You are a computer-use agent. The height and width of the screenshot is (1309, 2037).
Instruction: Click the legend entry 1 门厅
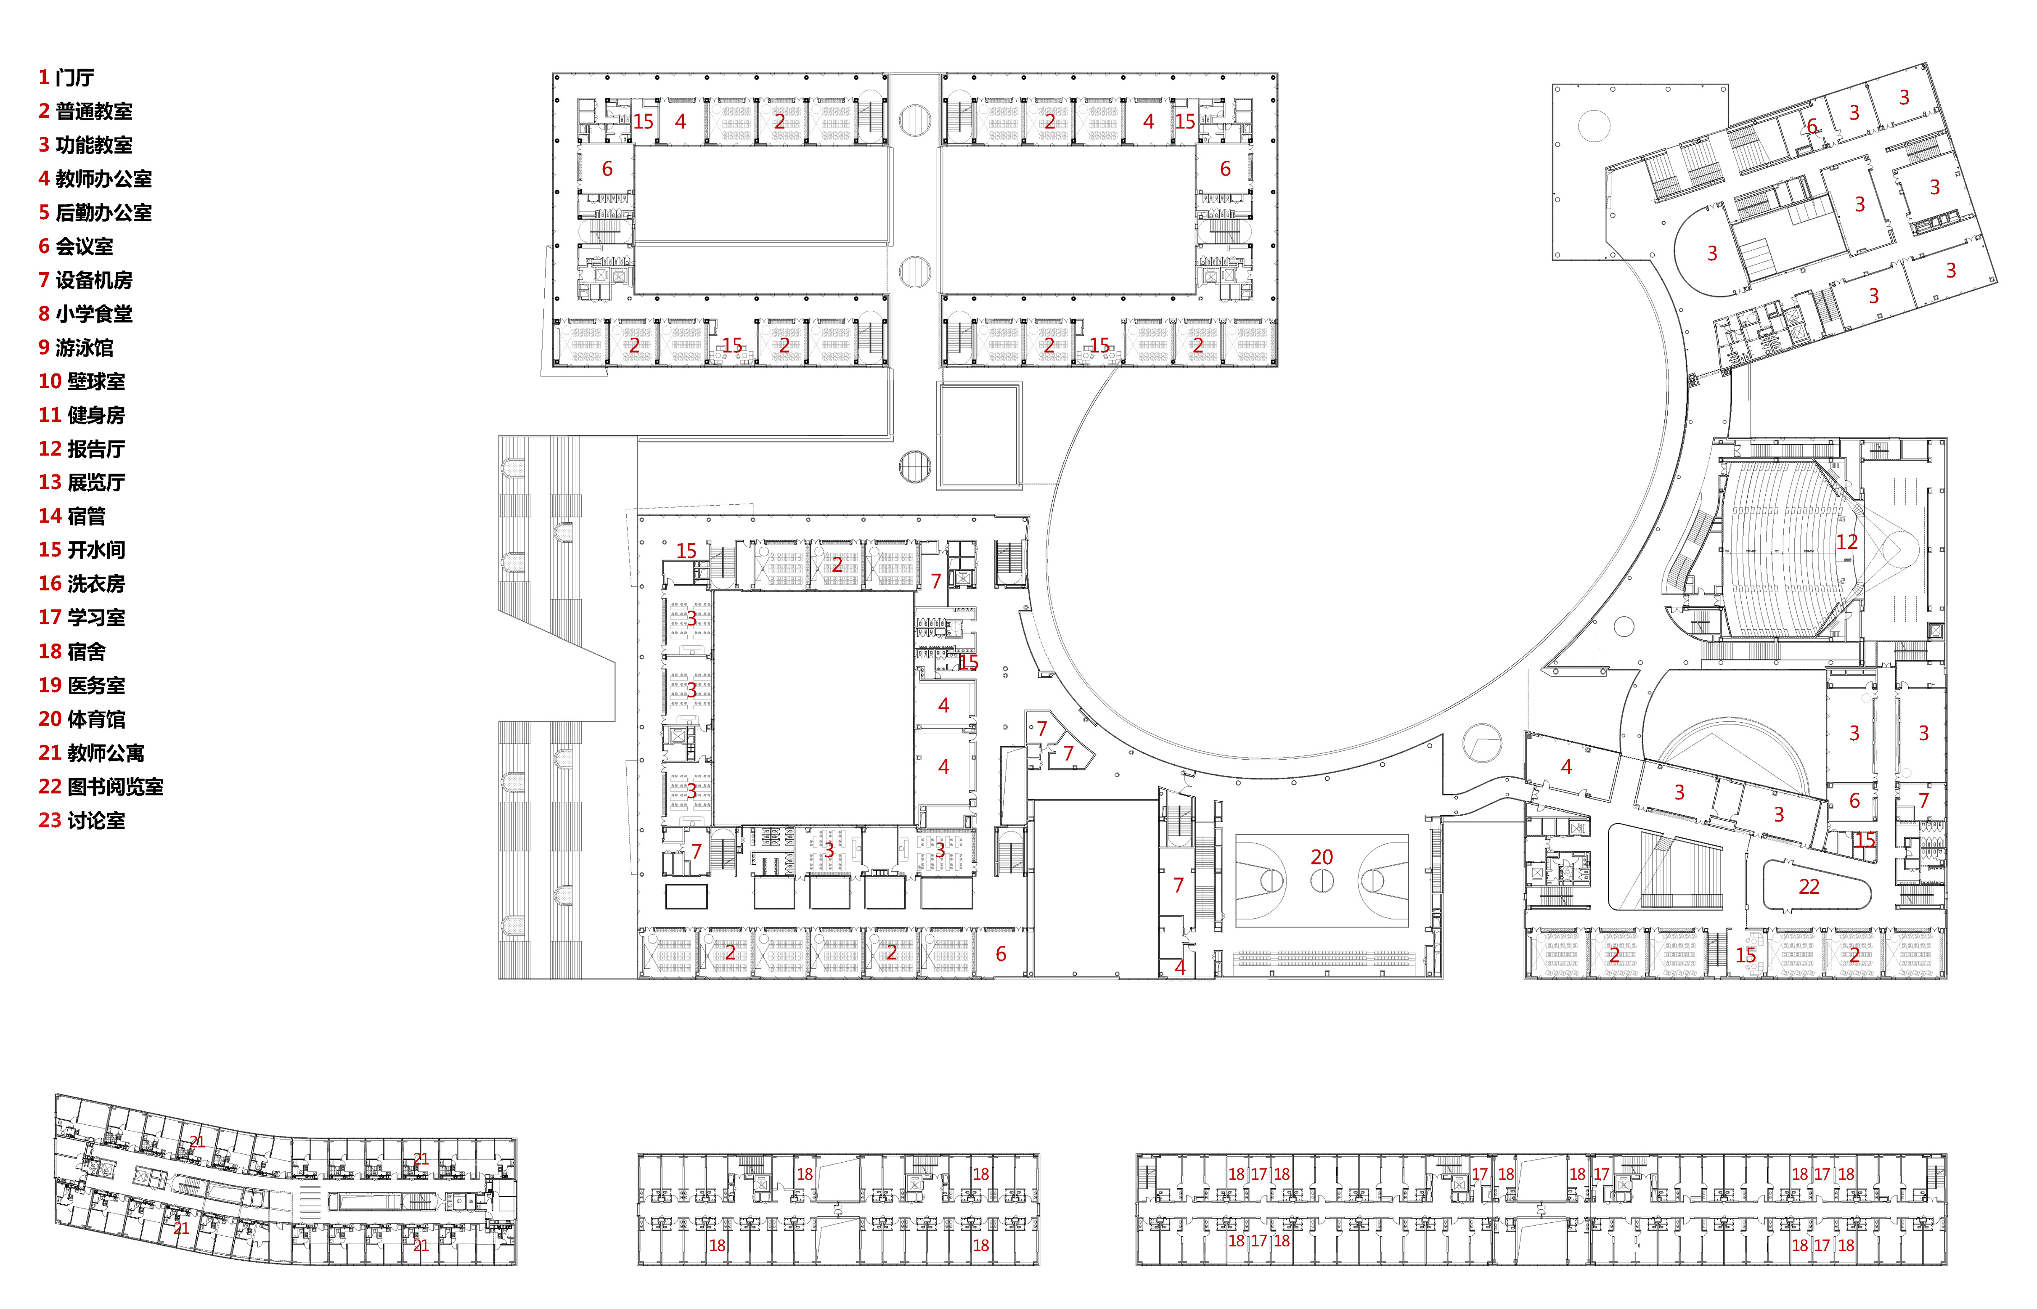[x=66, y=77]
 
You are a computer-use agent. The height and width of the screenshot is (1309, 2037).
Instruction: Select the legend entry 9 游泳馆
[x=76, y=347]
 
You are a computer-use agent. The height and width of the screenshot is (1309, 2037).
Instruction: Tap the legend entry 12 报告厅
[x=82, y=449]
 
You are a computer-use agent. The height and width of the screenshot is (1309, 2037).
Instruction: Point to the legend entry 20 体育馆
[x=82, y=719]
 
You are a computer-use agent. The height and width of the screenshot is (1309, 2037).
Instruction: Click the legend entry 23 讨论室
[x=82, y=820]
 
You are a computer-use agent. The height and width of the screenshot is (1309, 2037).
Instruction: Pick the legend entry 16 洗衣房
[x=82, y=584]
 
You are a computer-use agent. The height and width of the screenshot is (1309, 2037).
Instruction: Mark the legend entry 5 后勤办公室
[x=95, y=212]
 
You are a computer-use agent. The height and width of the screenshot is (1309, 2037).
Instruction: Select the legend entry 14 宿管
[x=72, y=516]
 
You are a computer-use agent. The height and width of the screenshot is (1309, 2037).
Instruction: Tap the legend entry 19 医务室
[x=82, y=685]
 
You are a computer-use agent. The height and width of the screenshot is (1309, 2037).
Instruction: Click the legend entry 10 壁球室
[x=82, y=382]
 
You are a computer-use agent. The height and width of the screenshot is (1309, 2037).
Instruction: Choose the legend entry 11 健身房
[x=82, y=415]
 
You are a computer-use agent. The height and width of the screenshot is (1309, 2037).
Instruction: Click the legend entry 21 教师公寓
[x=91, y=753]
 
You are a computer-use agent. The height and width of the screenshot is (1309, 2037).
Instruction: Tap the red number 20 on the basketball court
[x=1322, y=857]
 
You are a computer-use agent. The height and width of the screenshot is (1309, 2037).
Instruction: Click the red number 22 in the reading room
[x=1809, y=887]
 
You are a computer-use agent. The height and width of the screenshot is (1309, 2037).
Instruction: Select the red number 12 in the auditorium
[x=1846, y=542]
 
